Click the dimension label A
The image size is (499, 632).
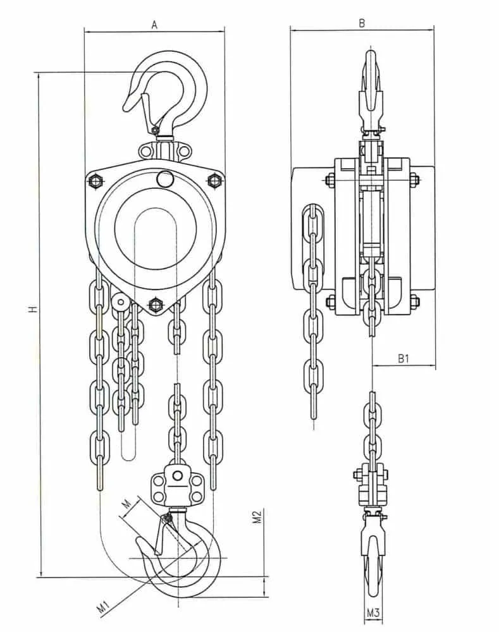click(x=154, y=25)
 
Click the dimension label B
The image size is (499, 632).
click(x=362, y=23)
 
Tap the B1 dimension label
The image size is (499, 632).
click(x=404, y=358)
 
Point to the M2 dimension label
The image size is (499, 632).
click(x=257, y=516)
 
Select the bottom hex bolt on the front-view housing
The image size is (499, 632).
click(x=156, y=305)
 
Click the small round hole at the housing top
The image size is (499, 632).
click(x=164, y=178)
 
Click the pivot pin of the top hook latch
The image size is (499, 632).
click(x=154, y=130)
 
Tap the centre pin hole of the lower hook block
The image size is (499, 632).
click(x=176, y=477)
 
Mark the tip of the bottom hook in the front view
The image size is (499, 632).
click(x=137, y=542)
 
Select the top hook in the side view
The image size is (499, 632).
click(x=371, y=90)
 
